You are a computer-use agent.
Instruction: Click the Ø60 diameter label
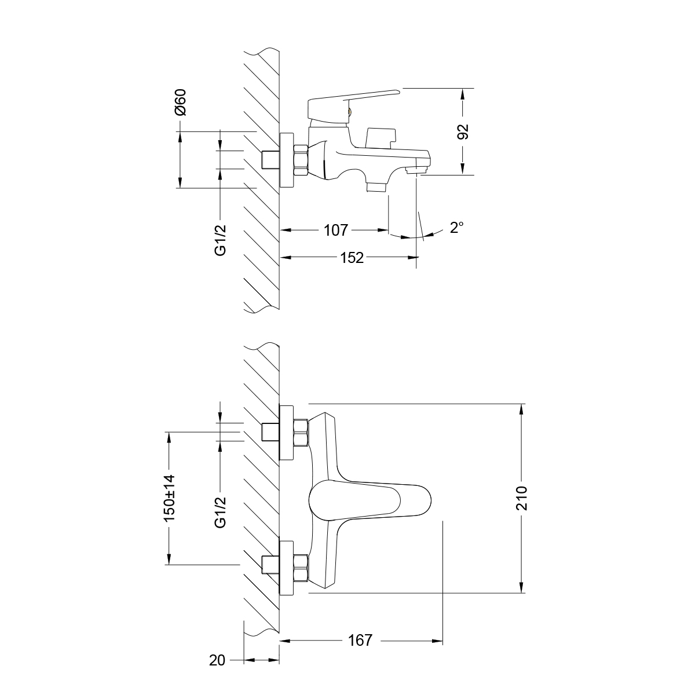(x=181, y=103)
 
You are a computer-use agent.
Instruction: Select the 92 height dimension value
(x=463, y=131)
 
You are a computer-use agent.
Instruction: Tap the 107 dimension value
(x=335, y=231)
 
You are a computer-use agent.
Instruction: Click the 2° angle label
(x=457, y=228)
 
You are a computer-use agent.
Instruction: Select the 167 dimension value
(x=360, y=641)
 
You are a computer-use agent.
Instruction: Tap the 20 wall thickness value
(x=217, y=660)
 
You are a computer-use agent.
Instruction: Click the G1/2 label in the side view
(x=220, y=239)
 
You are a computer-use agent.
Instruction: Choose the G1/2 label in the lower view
(x=220, y=513)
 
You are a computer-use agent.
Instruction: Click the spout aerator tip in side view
(x=416, y=170)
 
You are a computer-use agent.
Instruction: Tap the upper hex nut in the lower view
(x=301, y=433)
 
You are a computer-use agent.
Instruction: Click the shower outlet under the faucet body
(x=376, y=186)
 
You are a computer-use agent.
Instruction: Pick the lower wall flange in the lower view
(x=287, y=568)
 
